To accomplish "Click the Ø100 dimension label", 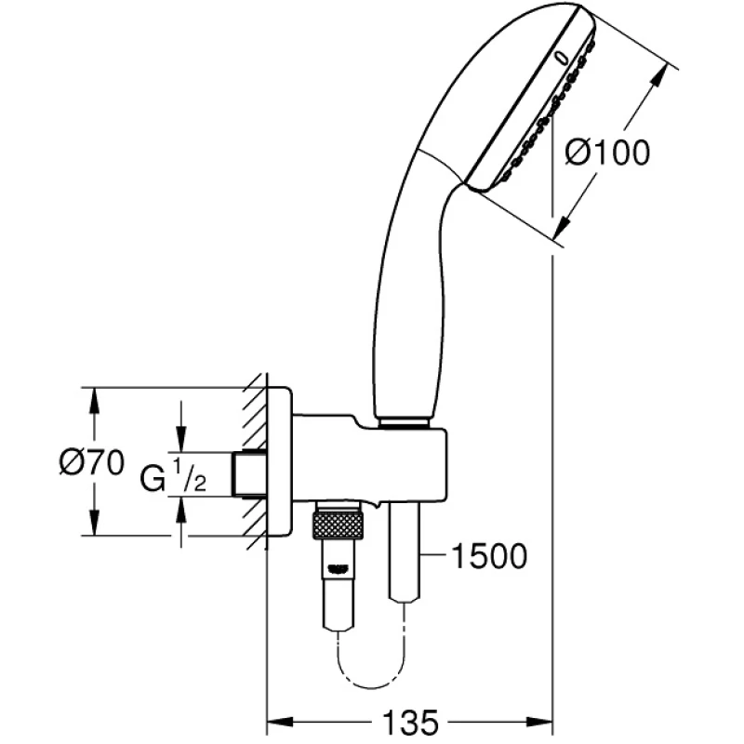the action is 607,153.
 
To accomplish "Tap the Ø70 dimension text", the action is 92,462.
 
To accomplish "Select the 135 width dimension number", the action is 410,723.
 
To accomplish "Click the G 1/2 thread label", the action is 173,476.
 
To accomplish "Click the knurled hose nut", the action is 338,525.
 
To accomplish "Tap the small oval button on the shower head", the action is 563,58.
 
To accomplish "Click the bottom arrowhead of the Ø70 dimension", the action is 95,521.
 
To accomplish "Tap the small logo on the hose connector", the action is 338,569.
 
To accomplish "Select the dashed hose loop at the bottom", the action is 370,658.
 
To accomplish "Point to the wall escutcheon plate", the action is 280,461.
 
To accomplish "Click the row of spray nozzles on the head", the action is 549,113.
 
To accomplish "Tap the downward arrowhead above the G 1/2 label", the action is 180,436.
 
